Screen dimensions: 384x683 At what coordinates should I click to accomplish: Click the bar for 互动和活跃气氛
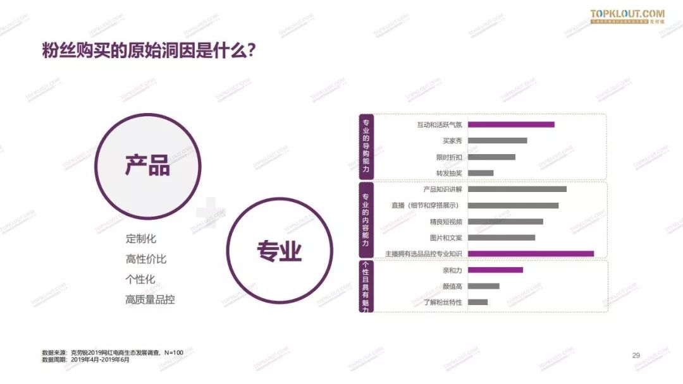point(511,124)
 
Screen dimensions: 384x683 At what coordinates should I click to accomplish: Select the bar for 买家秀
point(497,141)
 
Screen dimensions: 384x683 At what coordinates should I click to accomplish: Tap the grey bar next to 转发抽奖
point(481,173)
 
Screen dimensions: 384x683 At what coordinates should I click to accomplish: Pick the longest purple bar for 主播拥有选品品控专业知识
point(531,254)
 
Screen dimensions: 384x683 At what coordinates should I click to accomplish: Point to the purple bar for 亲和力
point(495,270)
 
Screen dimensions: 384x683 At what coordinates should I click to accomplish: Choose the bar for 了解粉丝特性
point(477,303)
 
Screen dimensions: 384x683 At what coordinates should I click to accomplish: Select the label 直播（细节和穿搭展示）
point(424,205)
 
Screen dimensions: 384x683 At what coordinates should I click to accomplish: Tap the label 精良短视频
point(446,222)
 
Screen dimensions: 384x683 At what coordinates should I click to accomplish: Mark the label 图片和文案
point(446,238)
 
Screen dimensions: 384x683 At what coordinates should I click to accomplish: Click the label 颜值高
point(452,286)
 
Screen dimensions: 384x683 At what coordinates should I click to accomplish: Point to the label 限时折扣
point(449,157)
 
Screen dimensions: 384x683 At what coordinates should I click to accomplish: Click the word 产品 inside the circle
point(147,165)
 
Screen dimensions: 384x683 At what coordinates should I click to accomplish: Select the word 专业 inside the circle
point(279,251)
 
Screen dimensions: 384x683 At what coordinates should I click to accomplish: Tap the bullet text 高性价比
point(146,260)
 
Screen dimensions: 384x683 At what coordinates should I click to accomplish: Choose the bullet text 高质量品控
point(150,300)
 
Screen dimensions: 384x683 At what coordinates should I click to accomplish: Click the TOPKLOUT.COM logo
point(627,15)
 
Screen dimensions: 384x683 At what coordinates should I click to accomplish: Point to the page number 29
point(636,356)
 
